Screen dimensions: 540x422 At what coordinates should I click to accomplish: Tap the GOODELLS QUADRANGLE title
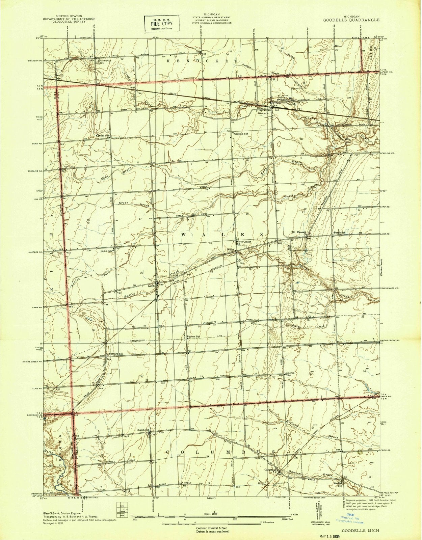351,20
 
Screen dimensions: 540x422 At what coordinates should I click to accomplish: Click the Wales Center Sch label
244,243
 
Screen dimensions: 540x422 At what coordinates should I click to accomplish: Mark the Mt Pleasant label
300,233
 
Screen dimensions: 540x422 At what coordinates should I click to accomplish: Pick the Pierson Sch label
194,336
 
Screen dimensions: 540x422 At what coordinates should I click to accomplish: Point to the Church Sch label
143,430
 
